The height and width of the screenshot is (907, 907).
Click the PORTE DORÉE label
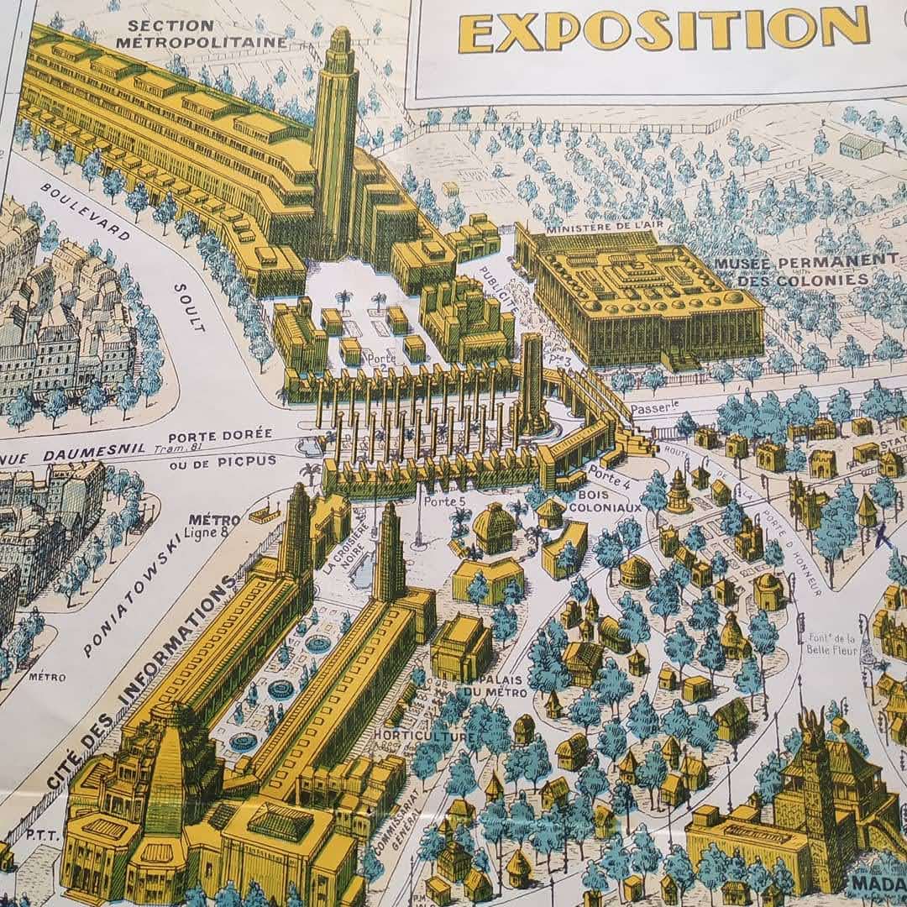(220, 435)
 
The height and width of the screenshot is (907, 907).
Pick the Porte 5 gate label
(444, 501)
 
